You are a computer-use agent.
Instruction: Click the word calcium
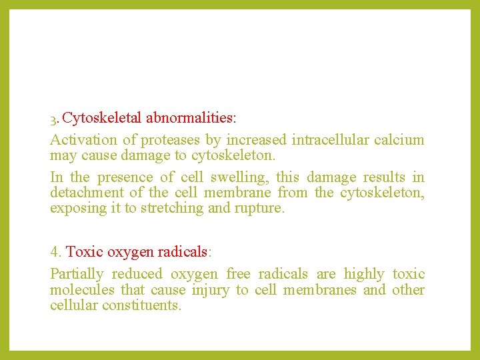click(x=399, y=140)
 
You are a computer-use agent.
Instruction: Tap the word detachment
click(x=86, y=193)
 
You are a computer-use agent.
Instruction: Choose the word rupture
click(x=261, y=208)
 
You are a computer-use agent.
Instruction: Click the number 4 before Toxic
click(x=55, y=252)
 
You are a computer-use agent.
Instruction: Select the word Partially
click(x=77, y=274)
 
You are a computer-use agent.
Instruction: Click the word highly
click(x=363, y=274)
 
